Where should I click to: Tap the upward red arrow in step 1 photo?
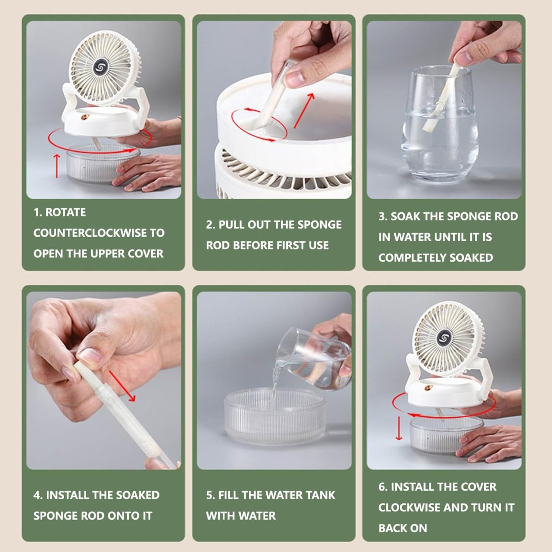(57, 166)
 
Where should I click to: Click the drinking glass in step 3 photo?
(439, 124)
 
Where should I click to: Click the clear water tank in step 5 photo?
(275, 416)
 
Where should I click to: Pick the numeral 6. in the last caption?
(383, 487)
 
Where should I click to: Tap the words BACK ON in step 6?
(403, 528)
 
